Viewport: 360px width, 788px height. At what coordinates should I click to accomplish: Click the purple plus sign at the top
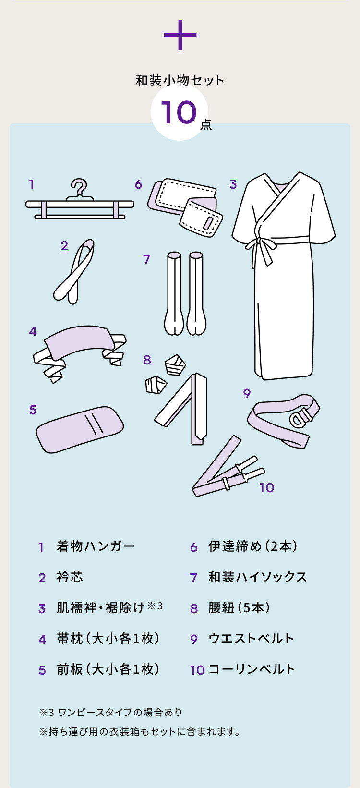180,35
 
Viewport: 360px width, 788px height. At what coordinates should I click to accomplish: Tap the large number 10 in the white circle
179,113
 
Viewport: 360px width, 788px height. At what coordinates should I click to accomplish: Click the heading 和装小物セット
180,80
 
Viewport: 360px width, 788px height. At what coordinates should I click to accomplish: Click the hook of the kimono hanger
80,187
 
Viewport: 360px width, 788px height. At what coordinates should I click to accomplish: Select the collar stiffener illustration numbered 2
74,272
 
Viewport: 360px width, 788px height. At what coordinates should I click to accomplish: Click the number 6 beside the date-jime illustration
138,184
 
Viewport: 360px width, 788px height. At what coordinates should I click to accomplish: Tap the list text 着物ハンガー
96,546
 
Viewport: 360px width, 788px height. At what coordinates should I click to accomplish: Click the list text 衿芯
70,577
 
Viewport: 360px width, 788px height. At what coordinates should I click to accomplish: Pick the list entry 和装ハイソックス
257,577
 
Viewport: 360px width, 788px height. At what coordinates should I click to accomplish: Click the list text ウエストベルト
251,639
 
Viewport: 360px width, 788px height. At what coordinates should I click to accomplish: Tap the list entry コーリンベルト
252,669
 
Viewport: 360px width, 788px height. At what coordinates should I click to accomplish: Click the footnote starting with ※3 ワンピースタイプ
110,712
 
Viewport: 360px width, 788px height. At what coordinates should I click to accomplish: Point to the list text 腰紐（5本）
240,608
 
